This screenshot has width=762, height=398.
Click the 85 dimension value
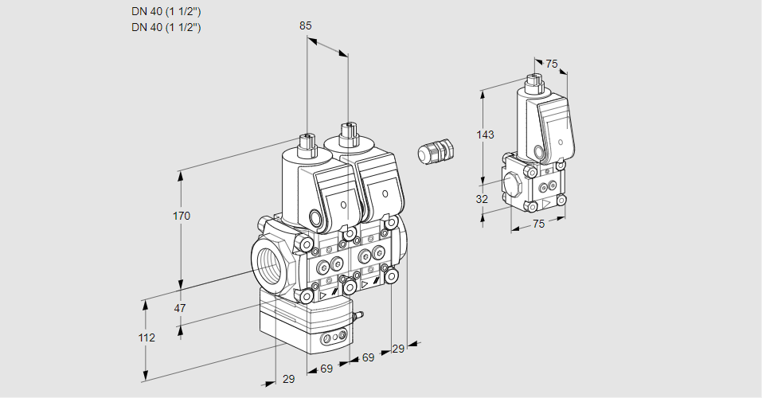point(306,25)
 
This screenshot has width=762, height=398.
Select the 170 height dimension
point(182,216)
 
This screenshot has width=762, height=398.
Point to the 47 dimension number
point(180,308)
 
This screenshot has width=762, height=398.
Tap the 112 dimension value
point(146,338)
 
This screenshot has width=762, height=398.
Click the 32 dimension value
point(482,199)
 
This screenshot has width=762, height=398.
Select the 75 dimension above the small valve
point(552,64)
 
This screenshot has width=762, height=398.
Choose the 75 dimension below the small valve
point(538,224)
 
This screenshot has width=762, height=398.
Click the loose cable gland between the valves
point(436,151)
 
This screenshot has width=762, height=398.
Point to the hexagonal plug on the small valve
point(514,184)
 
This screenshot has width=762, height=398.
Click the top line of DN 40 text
point(166,12)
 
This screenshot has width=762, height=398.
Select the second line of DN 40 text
point(166,27)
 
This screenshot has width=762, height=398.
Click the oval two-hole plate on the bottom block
point(333,339)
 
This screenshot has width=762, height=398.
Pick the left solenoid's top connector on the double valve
point(307,145)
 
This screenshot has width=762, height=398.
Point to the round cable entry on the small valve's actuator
point(540,151)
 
